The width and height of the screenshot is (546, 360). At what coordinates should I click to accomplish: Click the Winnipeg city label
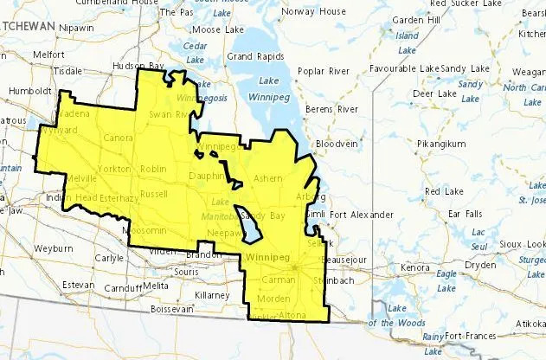pyautogui.click(x=266, y=260)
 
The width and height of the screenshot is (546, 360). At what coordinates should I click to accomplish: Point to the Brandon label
pyautogui.click(x=203, y=255)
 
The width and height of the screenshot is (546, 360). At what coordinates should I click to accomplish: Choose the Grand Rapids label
pyautogui.click(x=251, y=57)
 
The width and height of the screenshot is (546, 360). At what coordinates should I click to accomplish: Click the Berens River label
pyautogui.click(x=335, y=110)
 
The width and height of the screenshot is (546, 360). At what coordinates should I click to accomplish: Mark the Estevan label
pyautogui.click(x=77, y=284)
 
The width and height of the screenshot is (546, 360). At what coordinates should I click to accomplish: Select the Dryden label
pyautogui.click(x=480, y=266)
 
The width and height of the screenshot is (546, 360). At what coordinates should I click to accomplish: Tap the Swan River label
pyautogui.click(x=170, y=113)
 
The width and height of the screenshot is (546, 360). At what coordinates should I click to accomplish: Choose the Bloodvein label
pyautogui.click(x=335, y=142)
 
